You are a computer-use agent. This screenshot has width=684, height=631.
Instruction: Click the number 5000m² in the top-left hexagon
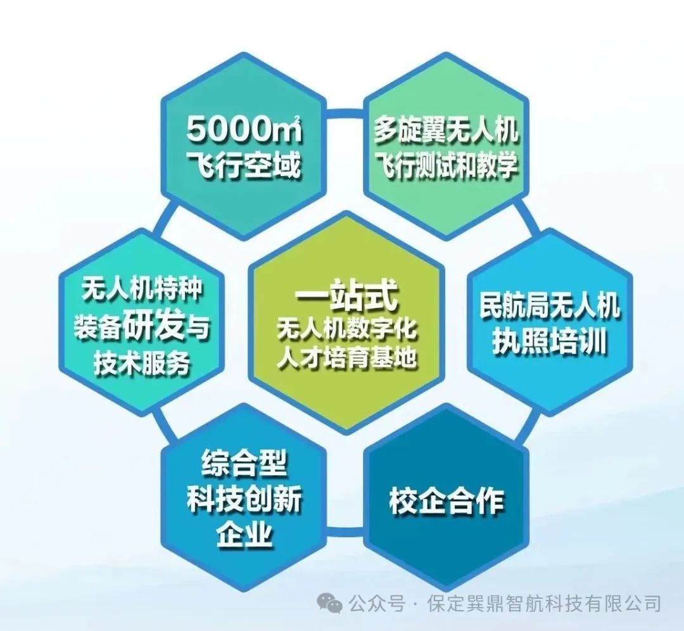244,129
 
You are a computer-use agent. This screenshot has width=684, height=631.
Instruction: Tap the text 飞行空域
244,165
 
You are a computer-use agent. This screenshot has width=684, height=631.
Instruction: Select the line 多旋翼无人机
446,129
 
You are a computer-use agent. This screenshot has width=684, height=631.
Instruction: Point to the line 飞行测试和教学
446,165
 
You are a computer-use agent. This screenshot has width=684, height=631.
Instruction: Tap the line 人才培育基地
347,359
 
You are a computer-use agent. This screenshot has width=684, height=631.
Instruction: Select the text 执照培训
550,341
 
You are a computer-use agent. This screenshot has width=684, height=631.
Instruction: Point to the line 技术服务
142,362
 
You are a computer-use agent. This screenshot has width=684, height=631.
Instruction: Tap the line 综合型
244,464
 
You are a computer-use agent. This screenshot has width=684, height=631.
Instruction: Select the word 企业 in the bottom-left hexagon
244,533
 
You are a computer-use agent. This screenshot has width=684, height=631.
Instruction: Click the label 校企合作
446,500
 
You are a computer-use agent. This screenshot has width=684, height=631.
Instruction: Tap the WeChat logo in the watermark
329,603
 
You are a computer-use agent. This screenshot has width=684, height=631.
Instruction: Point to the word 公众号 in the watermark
377,604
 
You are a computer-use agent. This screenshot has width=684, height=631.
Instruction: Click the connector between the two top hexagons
345,113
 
